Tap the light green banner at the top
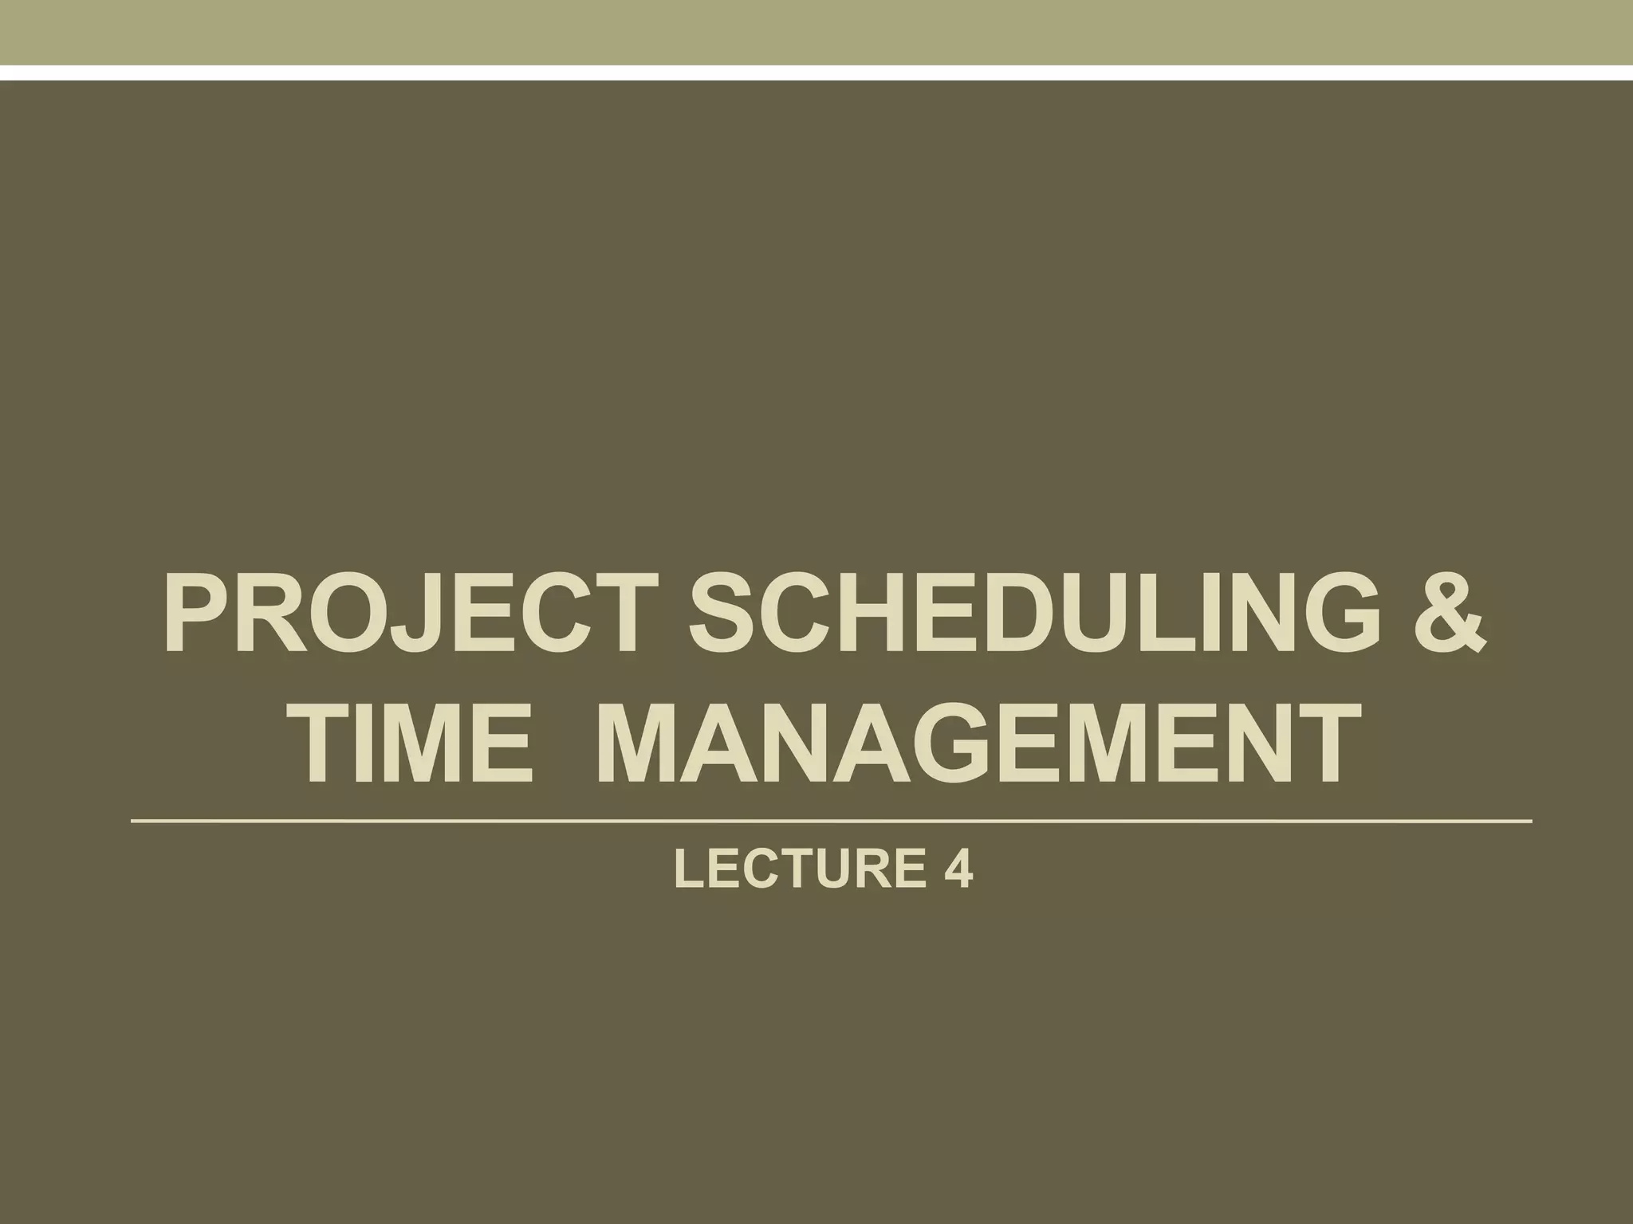816,32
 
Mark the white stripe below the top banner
816,73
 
